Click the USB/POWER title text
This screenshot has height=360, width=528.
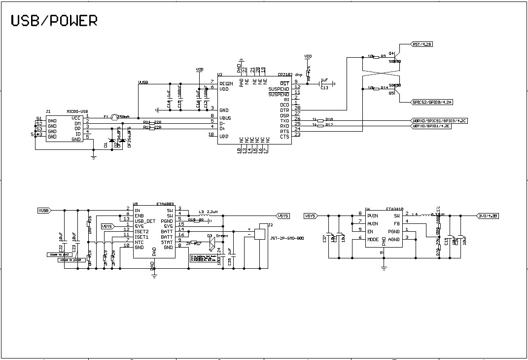point(54,20)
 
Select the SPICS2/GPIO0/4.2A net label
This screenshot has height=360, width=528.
point(432,102)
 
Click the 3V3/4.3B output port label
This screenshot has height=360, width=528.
point(488,216)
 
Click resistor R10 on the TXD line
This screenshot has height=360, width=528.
point(321,120)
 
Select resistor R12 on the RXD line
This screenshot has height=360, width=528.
point(321,126)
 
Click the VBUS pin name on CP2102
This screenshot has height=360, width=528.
point(225,118)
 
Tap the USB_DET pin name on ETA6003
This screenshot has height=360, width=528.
point(145,220)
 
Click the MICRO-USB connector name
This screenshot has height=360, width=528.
point(77,112)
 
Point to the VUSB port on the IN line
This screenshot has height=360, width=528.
point(44,211)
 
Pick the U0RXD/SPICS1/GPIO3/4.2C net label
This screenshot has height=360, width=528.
point(439,120)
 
